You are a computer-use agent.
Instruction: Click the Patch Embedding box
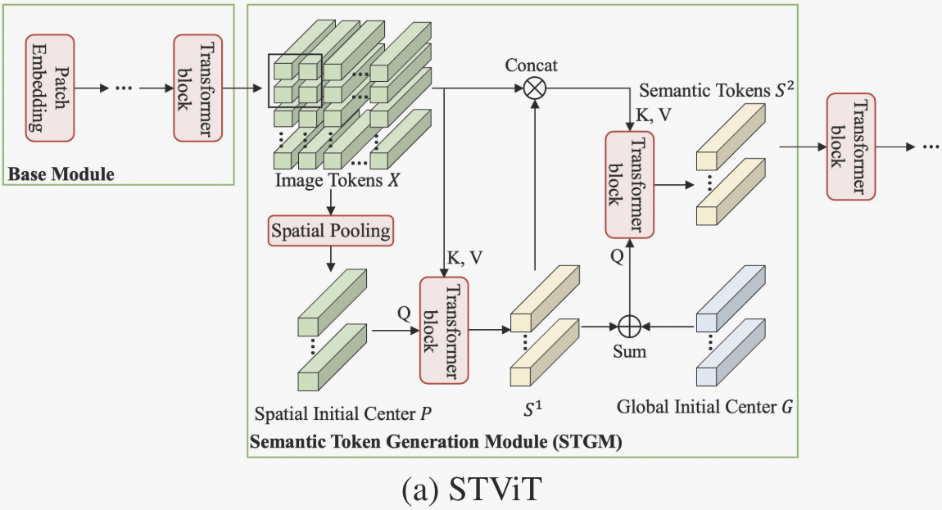click(x=50, y=87)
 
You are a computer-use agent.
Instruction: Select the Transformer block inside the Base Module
click(x=197, y=87)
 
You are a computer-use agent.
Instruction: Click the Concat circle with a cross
click(x=534, y=88)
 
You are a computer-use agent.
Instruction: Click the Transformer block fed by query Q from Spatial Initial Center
click(x=443, y=330)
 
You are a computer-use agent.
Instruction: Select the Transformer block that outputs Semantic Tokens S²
click(x=629, y=184)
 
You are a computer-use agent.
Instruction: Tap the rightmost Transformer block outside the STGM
click(x=851, y=147)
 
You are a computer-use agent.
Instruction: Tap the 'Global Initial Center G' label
click(x=703, y=406)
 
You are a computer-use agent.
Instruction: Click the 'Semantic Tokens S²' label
click(x=717, y=88)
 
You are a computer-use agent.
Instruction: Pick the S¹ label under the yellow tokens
click(x=533, y=407)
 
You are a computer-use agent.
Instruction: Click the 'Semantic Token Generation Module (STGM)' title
click(x=434, y=443)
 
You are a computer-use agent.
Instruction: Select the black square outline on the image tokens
click(x=296, y=79)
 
